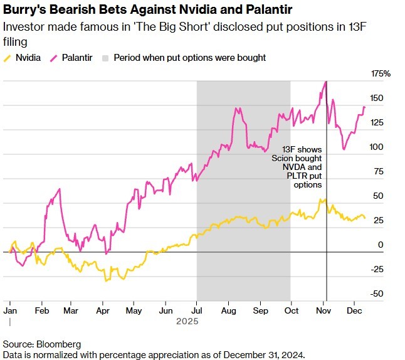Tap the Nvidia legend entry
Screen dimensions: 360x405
click(28, 58)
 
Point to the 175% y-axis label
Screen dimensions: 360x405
click(380, 74)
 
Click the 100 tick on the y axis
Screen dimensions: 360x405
click(376, 147)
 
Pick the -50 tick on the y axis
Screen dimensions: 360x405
click(376, 294)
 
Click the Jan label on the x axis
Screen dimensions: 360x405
click(10, 310)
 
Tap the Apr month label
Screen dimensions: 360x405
click(104, 310)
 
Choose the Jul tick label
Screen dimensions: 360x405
click(197, 310)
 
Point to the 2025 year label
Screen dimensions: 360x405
click(187, 321)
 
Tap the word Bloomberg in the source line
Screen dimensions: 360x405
click(58, 344)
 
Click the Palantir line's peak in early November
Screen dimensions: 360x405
click(326, 82)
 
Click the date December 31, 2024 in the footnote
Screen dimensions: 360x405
click(263, 354)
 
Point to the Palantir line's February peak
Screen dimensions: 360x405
click(60, 189)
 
